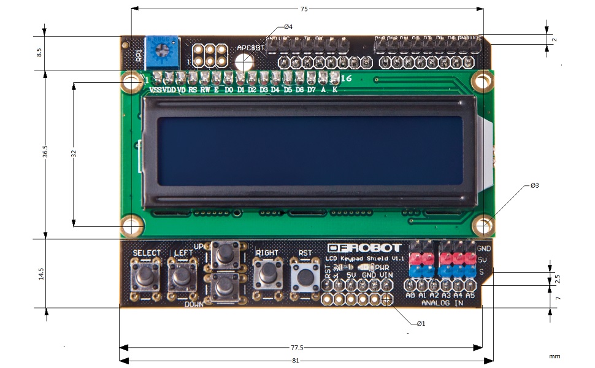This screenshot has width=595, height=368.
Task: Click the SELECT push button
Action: coord(146,276)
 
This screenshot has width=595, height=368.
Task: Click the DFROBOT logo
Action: coord(364,248)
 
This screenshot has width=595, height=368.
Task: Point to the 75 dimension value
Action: coord(304,9)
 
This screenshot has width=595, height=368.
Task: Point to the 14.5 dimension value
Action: coord(40,274)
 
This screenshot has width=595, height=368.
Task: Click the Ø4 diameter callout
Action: coord(288,27)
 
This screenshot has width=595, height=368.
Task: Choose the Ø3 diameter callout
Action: coord(535,185)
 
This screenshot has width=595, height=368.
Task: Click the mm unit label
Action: coord(555,356)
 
